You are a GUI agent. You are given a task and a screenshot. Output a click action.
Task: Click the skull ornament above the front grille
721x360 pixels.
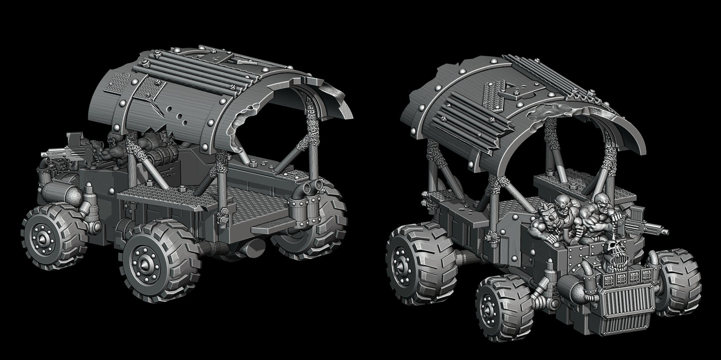(x=614, y=250)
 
